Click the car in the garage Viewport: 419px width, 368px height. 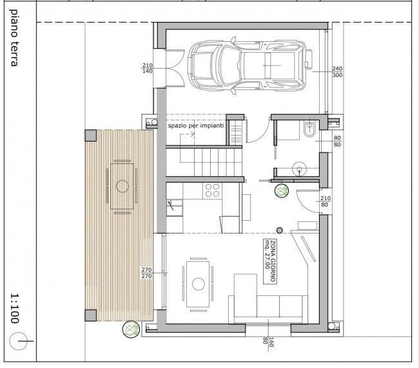247,66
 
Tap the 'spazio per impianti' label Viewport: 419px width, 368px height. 195,125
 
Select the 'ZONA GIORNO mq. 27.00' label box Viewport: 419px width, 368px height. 270,261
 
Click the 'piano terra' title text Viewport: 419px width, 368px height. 14,38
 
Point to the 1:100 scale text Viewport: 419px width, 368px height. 15,309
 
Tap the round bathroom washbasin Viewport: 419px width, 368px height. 299,169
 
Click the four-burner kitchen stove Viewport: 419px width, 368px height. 212,190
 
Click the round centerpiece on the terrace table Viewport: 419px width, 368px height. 122,186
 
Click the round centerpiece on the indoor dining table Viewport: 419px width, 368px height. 198,284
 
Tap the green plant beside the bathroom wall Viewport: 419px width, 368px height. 282,190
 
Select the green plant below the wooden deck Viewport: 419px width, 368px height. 131,329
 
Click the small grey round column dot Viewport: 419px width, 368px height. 279,230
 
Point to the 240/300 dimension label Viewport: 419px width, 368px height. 337,71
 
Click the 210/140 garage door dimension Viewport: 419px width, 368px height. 147,68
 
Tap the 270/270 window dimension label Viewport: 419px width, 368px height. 146,273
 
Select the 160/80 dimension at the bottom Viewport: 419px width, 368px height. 268,342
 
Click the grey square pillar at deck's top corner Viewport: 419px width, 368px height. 91,136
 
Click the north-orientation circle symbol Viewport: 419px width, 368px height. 18,341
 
